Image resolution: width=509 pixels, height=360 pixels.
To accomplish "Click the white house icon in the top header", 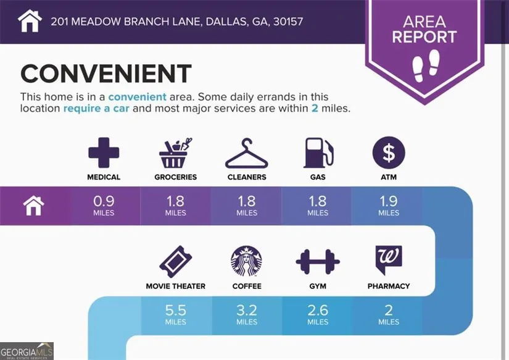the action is point(30,21).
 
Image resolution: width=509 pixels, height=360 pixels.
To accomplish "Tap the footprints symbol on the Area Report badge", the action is point(426,66).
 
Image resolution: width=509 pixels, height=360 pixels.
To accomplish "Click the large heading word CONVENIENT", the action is point(106,73).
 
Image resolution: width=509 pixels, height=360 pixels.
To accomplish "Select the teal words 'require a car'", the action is point(96,109).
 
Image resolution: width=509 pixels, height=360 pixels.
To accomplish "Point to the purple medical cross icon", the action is point(104,153).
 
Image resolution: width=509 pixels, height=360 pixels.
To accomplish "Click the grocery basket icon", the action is point(176,153).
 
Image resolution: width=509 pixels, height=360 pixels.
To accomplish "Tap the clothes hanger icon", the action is point(247,153).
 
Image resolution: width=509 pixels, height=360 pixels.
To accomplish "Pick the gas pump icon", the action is point(318,153).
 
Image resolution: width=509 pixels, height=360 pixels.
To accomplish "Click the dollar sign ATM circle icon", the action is point(389,153).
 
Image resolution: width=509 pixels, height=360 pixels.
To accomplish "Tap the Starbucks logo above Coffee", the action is point(246,261).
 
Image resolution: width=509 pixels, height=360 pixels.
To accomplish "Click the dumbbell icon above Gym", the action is point(318,262).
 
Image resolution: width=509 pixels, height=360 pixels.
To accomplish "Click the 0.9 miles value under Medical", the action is point(104,206).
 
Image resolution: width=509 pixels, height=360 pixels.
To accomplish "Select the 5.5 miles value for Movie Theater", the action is point(176,314).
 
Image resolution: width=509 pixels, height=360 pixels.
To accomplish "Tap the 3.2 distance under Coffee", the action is point(247,314).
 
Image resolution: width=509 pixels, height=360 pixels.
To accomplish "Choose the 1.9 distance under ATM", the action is point(389,206).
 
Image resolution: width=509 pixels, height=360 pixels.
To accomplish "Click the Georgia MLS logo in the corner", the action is point(27,351).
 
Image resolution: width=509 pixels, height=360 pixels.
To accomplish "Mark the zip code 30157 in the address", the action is point(288,22).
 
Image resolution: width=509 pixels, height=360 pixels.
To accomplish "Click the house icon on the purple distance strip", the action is point(34,206).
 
